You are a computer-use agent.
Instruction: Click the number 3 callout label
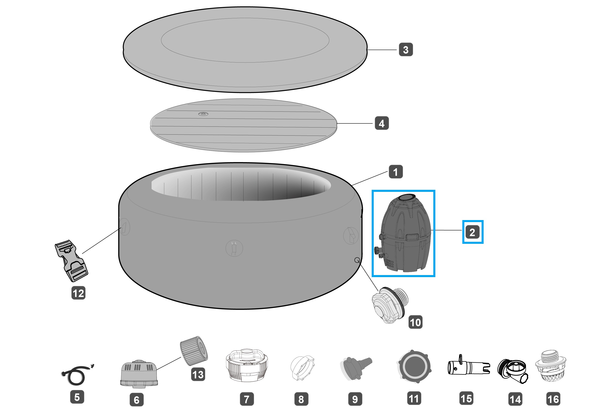(406, 50)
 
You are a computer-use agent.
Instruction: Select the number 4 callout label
(382, 123)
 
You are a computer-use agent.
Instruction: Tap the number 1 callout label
(396, 172)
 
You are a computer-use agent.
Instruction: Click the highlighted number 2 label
(472, 232)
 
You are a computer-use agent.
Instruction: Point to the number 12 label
(78, 293)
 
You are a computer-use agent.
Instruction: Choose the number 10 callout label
(415, 322)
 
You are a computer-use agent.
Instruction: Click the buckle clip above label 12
(71, 260)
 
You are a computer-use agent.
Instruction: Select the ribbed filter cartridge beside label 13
(194, 351)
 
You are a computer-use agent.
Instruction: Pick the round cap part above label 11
(414, 366)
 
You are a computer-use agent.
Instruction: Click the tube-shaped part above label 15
(469, 366)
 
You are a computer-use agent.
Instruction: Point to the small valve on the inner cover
(203, 114)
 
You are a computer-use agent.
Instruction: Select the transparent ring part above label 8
(302, 368)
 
